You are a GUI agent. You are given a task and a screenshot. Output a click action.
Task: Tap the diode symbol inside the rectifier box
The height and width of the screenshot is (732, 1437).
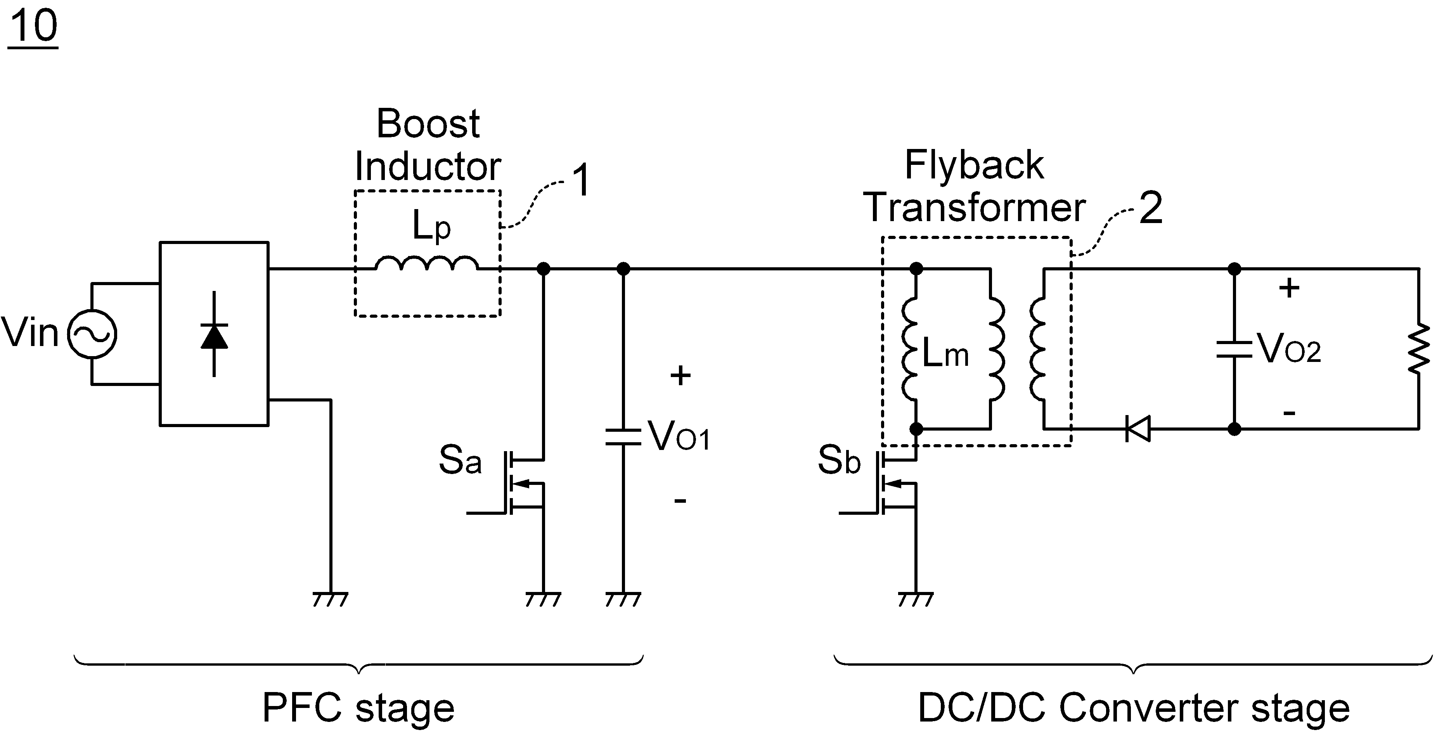coord(214,335)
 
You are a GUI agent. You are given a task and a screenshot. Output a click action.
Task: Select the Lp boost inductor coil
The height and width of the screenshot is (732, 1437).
coord(427,263)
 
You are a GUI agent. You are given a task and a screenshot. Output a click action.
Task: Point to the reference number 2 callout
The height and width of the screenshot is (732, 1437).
coord(1150,208)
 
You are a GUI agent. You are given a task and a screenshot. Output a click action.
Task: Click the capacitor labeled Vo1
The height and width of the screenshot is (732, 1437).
coord(624,437)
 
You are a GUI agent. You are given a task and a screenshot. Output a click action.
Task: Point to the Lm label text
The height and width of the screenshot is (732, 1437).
coord(945,353)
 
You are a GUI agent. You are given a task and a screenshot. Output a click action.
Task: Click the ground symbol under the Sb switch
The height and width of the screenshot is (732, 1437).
coord(916,599)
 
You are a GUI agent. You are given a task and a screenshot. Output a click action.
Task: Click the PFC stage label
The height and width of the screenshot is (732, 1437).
coord(359,708)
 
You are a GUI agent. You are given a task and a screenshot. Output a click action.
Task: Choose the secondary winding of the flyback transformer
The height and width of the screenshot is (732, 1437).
coord(1037,349)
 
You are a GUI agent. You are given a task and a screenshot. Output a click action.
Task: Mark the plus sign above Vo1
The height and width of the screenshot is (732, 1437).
coord(680,376)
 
